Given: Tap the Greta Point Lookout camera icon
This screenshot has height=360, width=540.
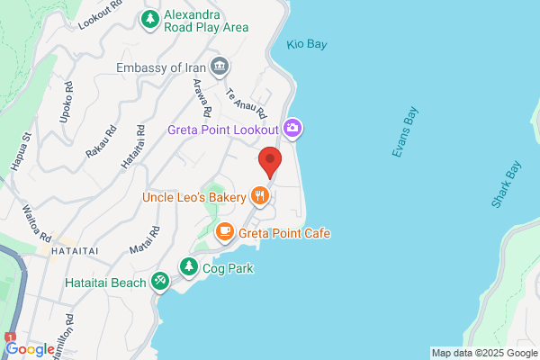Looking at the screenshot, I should click(x=292, y=129).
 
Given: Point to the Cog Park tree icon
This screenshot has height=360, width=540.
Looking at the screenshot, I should click(x=189, y=267).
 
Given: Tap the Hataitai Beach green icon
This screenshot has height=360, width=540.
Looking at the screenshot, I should click(x=160, y=283).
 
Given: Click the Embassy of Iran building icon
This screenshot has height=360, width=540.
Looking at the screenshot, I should click(x=220, y=67).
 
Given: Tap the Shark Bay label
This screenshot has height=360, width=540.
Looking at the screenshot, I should click(x=507, y=184).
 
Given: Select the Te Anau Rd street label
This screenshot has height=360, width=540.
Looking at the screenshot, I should click(x=247, y=104).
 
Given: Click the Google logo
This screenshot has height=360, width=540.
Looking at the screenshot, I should click(x=30, y=349).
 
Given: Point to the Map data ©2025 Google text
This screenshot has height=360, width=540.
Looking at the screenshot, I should click(x=483, y=352).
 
